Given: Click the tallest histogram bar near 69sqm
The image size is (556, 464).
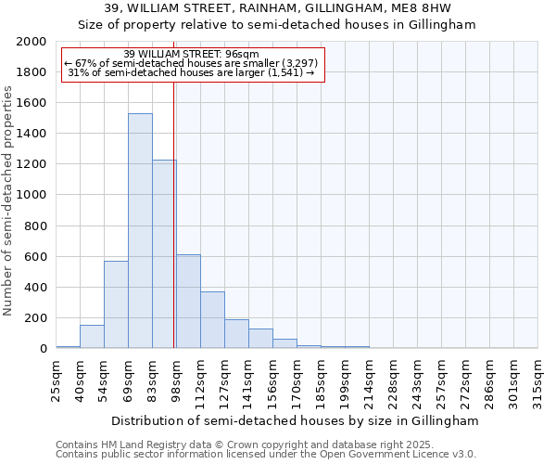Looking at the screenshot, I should [140, 231].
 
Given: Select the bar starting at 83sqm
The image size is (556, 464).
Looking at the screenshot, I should [164, 254].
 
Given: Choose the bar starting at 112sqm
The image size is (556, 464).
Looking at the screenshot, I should [212, 320].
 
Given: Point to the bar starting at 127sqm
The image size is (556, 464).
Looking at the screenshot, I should [236, 334].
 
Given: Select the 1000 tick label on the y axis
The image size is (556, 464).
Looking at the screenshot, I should [32, 196].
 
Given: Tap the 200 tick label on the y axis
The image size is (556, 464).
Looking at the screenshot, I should [35, 318].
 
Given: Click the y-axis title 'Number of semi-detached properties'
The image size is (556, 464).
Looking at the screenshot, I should [9, 200].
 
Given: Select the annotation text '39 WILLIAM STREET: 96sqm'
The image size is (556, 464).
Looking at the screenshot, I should [192, 54].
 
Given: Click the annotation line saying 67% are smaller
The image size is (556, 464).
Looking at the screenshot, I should [192, 63].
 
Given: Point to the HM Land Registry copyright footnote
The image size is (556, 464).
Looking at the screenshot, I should [238, 445].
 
